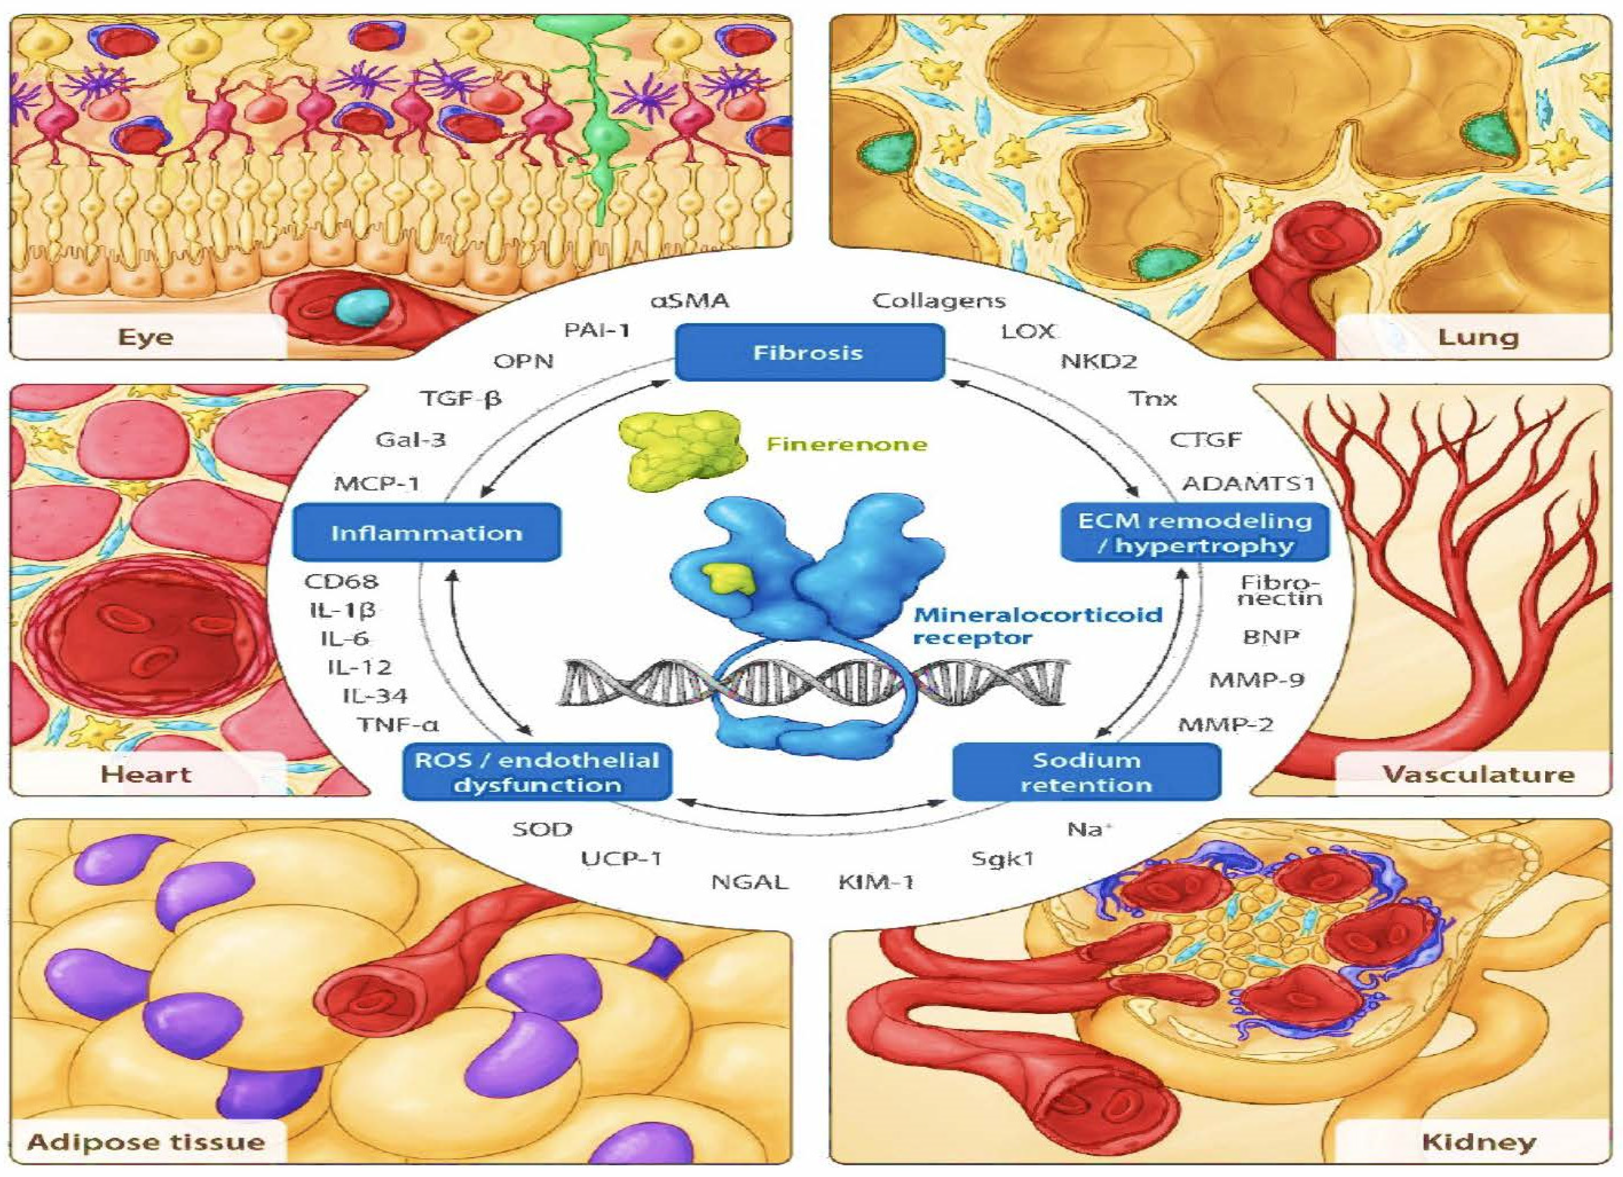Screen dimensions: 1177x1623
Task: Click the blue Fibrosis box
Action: (809, 353)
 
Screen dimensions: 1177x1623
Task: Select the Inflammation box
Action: (427, 533)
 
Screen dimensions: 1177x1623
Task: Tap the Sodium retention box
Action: (1086, 772)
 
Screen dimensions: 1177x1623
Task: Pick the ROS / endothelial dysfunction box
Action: (537, 772)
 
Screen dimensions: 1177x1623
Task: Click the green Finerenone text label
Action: (846, 444)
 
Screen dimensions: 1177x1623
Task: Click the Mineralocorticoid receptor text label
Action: (1038, 625)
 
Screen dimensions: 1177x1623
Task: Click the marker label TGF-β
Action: (460, 398)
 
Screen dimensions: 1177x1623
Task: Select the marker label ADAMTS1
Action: (1248, 484)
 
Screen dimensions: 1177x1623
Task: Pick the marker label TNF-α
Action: (398, 725)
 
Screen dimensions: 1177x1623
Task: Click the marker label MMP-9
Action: (1257, 680)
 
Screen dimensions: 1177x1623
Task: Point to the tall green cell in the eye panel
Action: (598, 121)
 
